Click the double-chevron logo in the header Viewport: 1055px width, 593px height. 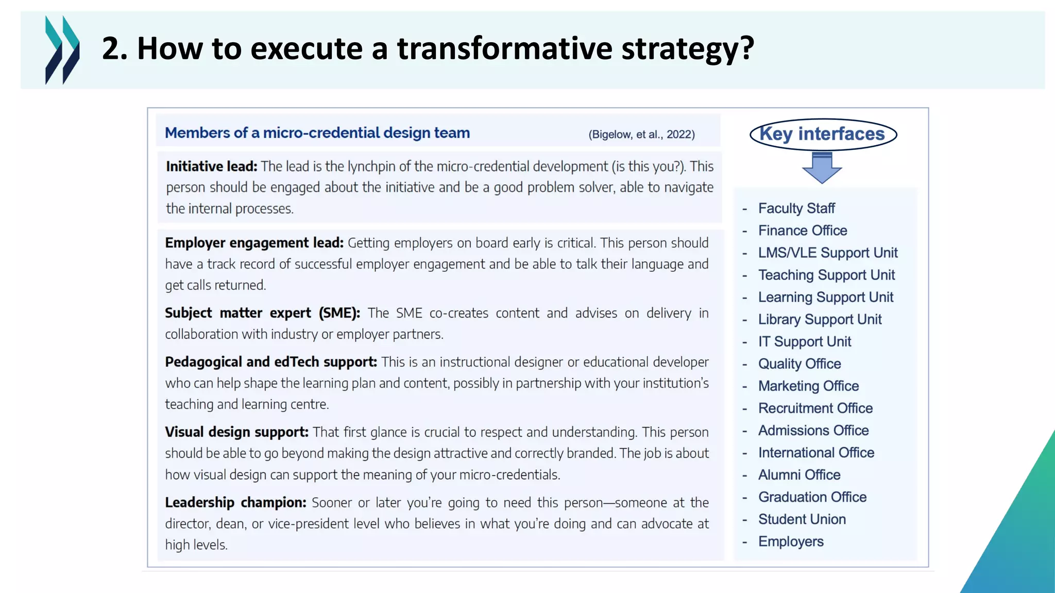[62, 50]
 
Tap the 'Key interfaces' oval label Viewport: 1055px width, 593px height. [823, 134]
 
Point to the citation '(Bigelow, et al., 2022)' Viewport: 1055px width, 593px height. [641, 135]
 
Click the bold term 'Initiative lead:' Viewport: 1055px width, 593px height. [211, 167]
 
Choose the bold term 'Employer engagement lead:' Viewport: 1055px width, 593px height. [254, 243]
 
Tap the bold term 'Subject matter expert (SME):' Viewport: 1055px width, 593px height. [262, 313]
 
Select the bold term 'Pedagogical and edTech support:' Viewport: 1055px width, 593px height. [271, 362]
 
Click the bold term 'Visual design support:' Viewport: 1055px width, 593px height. [236, 432]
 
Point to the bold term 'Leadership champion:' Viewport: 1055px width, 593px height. [235, 502]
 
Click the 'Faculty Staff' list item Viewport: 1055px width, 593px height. [796, 208]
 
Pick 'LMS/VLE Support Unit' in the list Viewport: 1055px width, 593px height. [827, 253]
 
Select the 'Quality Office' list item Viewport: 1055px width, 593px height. [799, 364]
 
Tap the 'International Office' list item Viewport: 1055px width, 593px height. [816, 452]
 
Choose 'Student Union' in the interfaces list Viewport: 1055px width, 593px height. [802, 519]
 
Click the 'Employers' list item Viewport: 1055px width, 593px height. [791, 542]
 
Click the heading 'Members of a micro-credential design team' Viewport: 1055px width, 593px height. [317, 133]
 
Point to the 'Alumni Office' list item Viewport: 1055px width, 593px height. [799, 475]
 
